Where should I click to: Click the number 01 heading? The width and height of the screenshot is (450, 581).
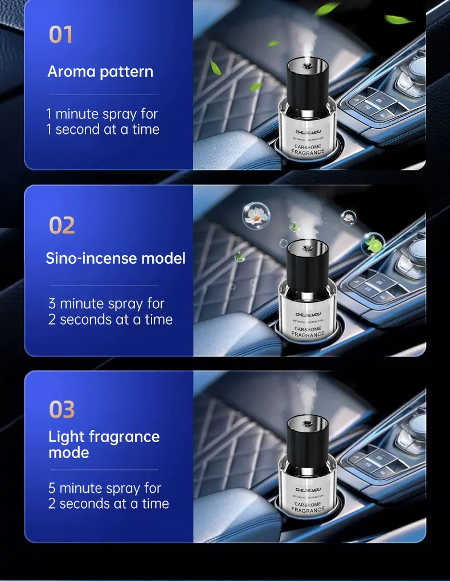pyautogui.click(x=61, y=35)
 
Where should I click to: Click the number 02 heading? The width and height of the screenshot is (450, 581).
pyautogui.click(x=62, y=226)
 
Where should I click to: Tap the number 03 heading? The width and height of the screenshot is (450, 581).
pyautogui.click(x=62, y=410)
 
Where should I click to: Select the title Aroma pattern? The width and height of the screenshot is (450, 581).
pyautogui.click(x=100, y=72)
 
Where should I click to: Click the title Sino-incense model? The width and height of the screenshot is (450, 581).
pyautogui.click(x=116, y=258)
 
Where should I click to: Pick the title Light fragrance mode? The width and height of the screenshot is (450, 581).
pyautogui.click(x=104, y=444)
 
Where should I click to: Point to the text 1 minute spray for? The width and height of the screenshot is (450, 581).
pyautogui.click(x=102, y=114)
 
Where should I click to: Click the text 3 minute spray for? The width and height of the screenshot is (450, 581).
pyautogui.click(x=107, y=304)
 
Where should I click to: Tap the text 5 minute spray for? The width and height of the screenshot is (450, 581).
pyautogui.click(x=105, y=488)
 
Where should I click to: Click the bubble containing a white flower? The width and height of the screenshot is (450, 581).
pyautogui.click(x=256, y=215)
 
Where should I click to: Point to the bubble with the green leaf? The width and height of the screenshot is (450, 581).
pyautogui.click(x=373, y=243)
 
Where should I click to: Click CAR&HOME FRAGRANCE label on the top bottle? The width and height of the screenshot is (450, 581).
pyautogui.click(x=308, y=149)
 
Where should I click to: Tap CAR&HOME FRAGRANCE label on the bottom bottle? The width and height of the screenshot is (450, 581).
pyautogui.click(x=308, y=507)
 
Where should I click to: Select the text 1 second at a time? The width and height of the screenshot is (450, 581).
pyautogui.click(x=103, y=129)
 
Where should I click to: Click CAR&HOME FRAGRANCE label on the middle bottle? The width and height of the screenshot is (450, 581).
pyautogui.click(x=308, y=332)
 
